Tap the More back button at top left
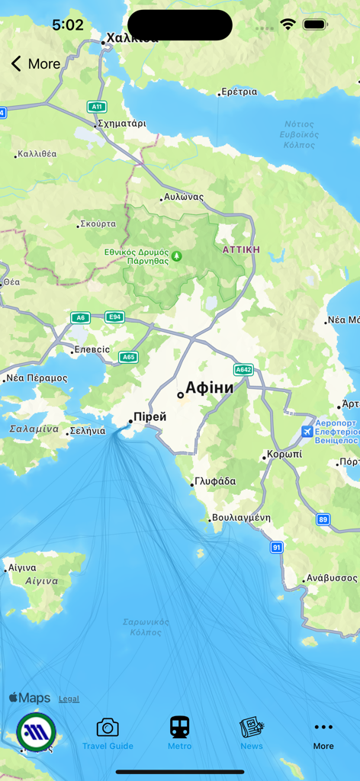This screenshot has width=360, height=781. (35, 64)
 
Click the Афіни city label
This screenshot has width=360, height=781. (209, 387)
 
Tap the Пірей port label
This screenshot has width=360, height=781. (149, 417)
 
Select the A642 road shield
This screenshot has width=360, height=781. (243, 370)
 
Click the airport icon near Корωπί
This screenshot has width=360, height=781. (307, 432)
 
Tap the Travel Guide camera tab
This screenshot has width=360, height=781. (108, 734)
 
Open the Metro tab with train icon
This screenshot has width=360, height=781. (180, 734)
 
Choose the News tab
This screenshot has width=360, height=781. (251, 734)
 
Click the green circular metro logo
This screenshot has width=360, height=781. (36, 732)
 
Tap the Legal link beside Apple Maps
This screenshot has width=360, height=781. (69, 699)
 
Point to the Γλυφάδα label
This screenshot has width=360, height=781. (215, 481)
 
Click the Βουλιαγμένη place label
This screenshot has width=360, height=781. (241, 517)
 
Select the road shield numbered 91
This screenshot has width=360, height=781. (276, 548)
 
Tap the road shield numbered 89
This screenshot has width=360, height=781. (323, 519)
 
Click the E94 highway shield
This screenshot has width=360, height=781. (114, 317)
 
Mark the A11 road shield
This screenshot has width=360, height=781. (96, 107)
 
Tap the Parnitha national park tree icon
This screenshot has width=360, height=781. (177, 256)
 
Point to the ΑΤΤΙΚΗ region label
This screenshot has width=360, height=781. (241, 249)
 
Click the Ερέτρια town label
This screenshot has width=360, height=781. (239, 92)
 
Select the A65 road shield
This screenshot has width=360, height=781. (129, 357)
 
